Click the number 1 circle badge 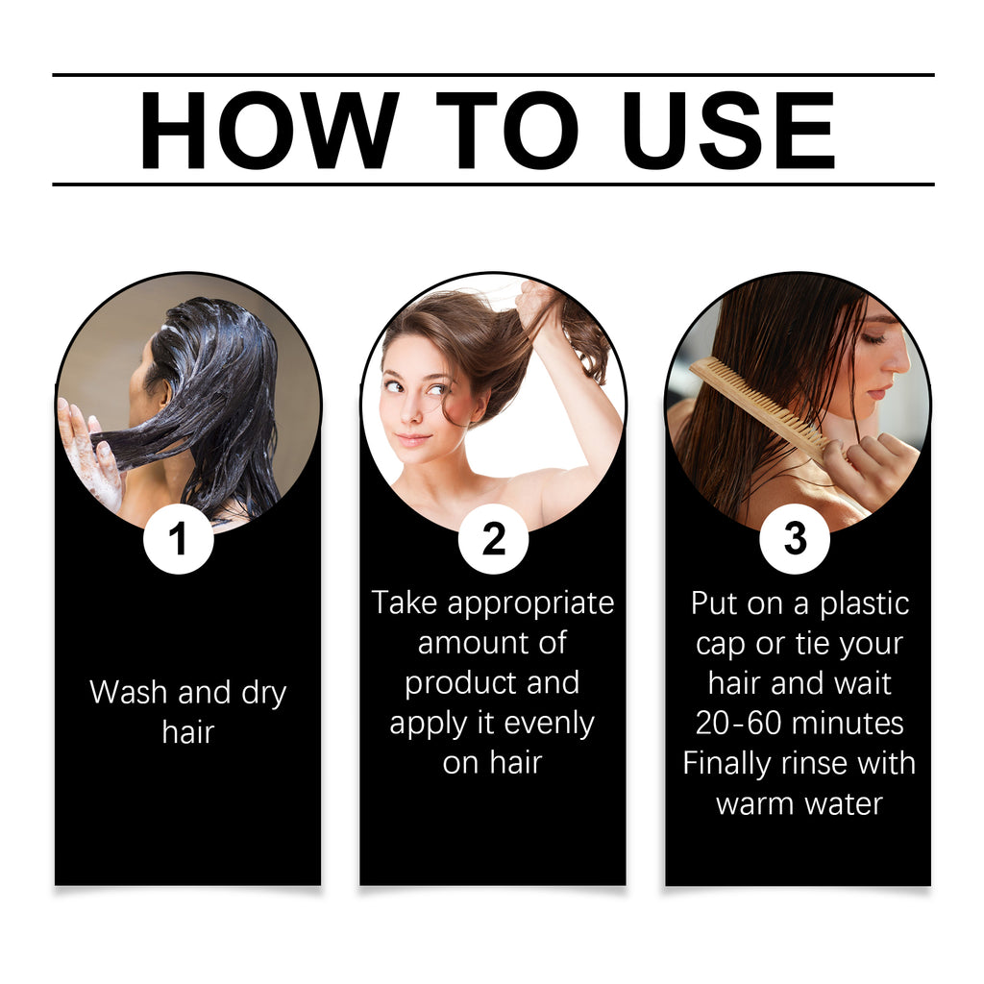[x=178, y=539]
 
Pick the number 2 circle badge [x=493, y=539]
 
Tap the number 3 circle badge [x=795, y=539]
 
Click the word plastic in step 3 [x=859, y=603]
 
